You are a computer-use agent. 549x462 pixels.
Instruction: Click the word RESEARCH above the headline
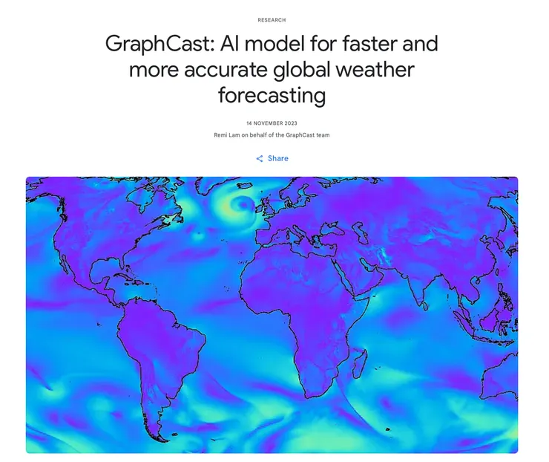pos(272,20)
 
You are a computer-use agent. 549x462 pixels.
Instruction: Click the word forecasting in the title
pos(272,96)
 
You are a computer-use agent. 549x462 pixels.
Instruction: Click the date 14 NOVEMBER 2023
pos(272,123)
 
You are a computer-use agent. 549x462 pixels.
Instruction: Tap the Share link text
pos(278,158)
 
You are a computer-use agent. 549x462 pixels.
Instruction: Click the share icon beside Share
pos(260,158)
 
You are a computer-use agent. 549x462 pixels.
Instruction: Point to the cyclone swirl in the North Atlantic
pos(242,204)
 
